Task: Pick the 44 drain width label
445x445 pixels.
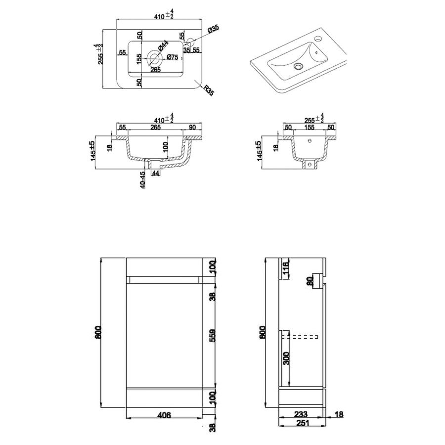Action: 155,173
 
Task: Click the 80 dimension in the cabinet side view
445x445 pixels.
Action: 310,281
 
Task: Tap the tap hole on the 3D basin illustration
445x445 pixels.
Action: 317,38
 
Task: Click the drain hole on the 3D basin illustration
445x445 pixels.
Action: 298,65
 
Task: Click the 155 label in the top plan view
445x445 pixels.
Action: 139,59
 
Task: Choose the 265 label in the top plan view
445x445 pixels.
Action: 156,70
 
